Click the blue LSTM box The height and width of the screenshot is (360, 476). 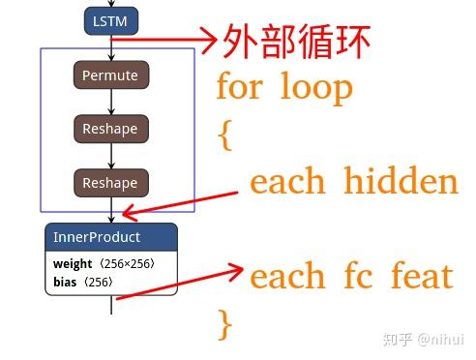(x=111, y=19)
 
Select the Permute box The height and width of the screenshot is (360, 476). (x=110, y=75)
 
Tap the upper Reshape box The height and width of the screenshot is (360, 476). (x=110, y=129)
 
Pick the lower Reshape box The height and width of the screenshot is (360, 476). (x=110, y=183)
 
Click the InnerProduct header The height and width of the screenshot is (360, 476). (x=110, y=237)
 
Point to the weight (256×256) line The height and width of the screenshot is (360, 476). (x=103, y=263)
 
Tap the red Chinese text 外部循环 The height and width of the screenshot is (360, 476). (x=296, y=43)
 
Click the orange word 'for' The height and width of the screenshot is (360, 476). (x=238, y=88)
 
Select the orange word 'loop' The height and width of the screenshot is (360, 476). (x=316, y=88)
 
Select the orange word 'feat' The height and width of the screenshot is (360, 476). (x=422, y=276)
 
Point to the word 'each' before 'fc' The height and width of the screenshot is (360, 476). (x=286, y=276)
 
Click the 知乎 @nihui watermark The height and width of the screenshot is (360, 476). (x=423, y=339)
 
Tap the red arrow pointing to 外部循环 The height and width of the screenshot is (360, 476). (x=164, y=40)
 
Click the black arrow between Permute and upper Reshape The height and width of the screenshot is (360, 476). (x=111, y=102)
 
